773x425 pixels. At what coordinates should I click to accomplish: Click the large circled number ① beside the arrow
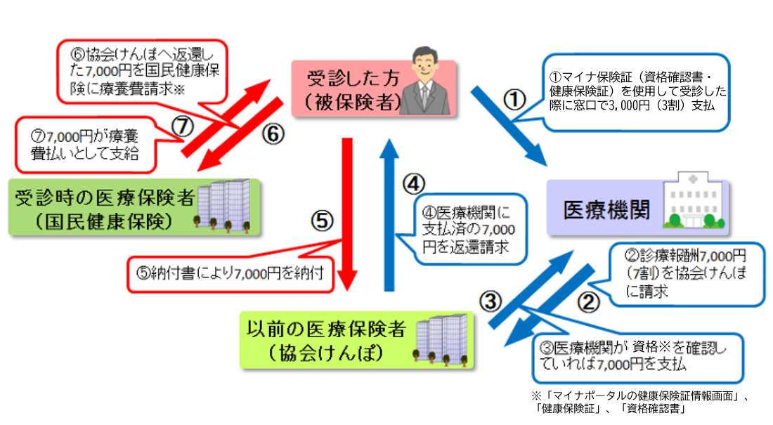click(x=515, y=100)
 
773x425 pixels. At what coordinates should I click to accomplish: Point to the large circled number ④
click(x=415, y=184)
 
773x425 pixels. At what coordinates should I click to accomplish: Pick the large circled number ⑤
click(x=320, y=221)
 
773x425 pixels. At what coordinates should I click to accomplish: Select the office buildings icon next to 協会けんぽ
click(x=443, y=340)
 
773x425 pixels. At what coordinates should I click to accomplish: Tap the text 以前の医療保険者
click(x=327, y=328)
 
